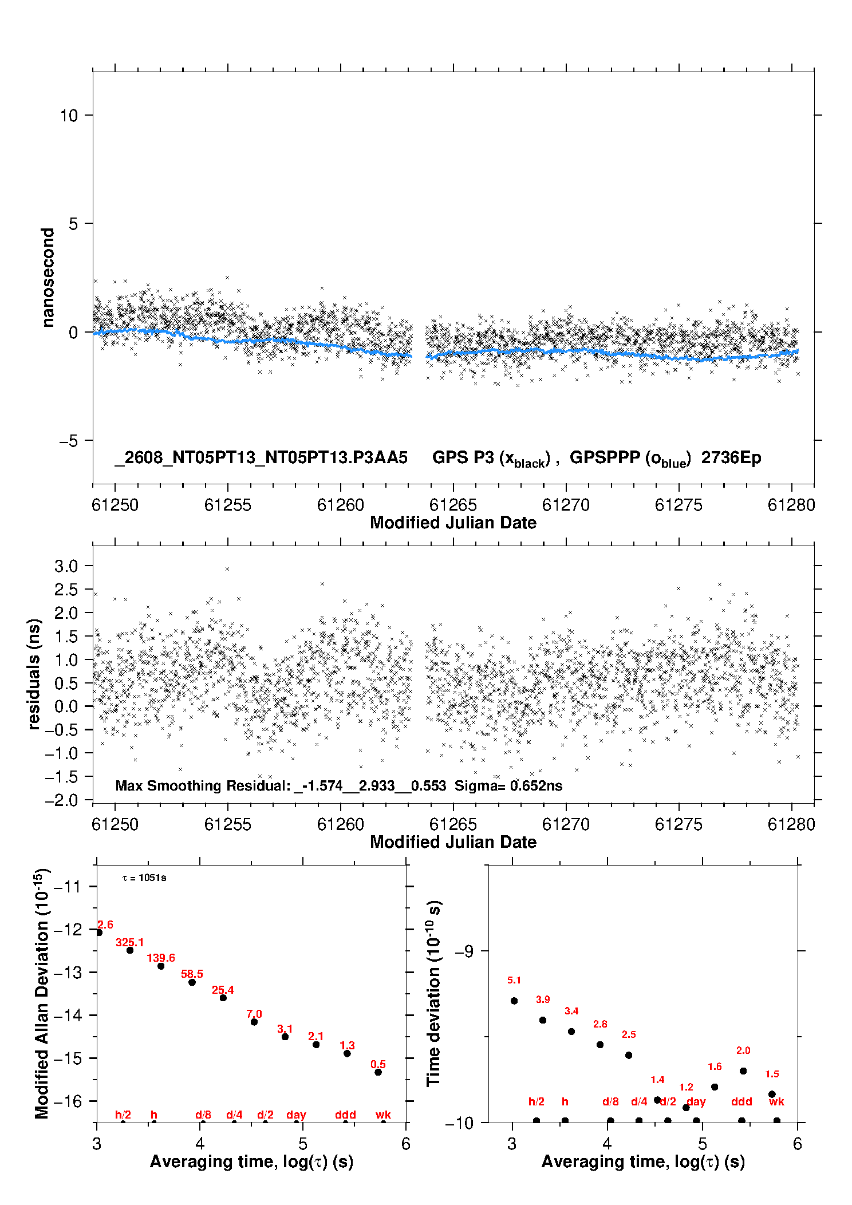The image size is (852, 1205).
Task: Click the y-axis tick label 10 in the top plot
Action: (x=69, y=116)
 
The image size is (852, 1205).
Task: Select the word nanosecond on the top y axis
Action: (x=48, y=278)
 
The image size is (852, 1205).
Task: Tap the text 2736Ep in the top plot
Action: (x=731, y=458)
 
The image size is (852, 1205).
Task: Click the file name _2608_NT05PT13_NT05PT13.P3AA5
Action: (x=261, y=458)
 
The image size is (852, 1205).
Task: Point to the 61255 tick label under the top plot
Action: (x=228, y=505)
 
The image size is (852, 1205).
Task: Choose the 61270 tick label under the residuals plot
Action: (x=566, y=824)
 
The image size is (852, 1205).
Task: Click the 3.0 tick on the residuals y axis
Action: (x=66, y=566)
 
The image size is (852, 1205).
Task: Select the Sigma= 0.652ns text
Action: (x=508, y=785)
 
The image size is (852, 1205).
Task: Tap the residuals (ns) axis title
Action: (x=34, y=674)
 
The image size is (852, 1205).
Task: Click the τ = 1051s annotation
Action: (x=144, y=878)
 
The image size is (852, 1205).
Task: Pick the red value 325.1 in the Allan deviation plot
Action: (x=130, y=942)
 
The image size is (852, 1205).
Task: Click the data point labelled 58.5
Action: (x=192, y=982)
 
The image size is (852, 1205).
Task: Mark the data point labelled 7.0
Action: (x=254, y=1022)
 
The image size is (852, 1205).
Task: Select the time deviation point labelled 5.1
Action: (x=514, y=1001)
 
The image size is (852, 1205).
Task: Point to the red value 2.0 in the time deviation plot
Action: (x=743, y=1050)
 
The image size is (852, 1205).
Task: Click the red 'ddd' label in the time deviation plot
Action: (x=741, y=1101)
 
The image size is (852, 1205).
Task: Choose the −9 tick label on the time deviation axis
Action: (x=464, y=951)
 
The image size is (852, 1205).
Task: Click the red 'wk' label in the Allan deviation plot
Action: (x=383, y=1115)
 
